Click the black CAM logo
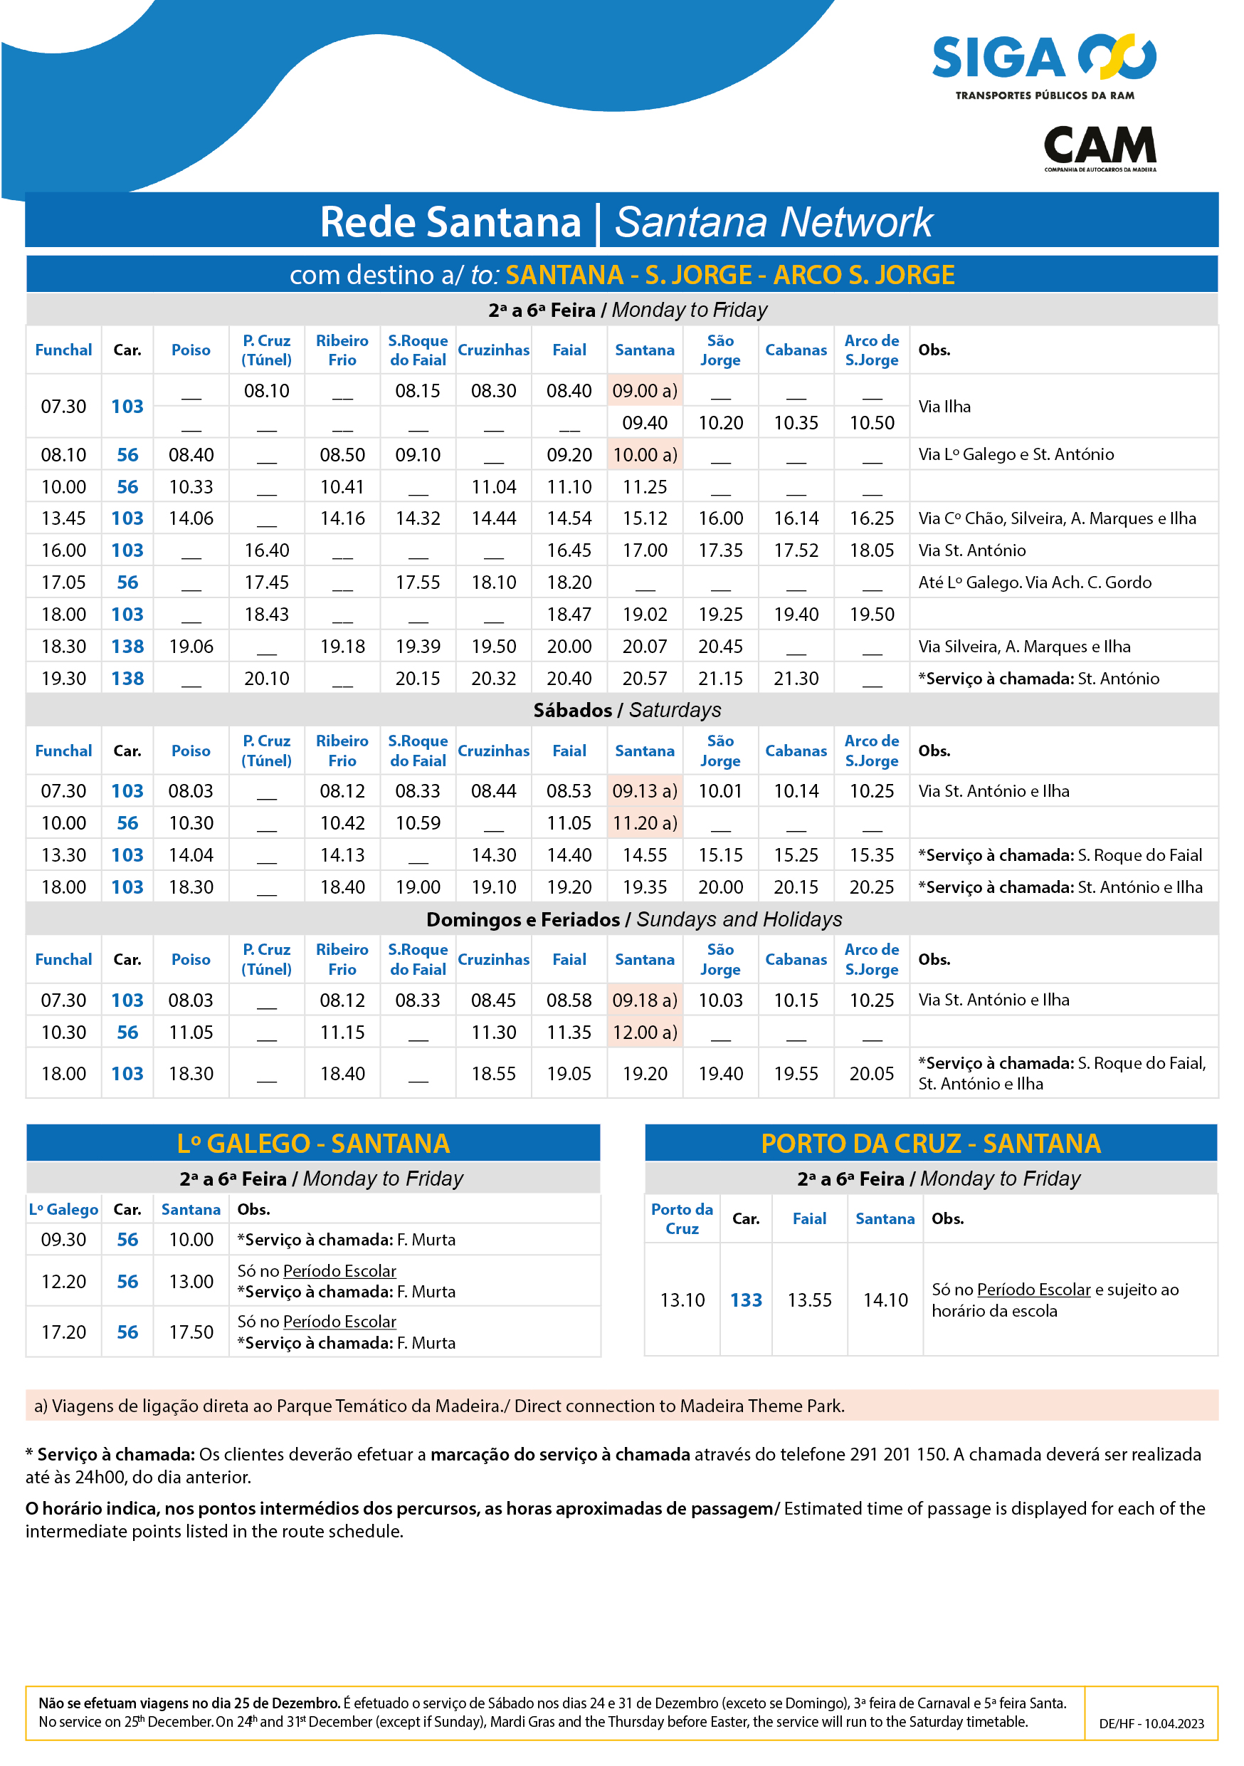click(1099, 147)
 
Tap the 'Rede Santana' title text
click(450, 222)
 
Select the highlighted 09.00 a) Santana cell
click(644, 391)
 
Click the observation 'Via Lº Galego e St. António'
click(1015, 454)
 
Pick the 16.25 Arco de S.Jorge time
click(871, 518)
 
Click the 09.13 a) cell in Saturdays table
click(644, 790)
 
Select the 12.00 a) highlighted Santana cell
click(644, 1033)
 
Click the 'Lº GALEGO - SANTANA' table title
click(313, 1144)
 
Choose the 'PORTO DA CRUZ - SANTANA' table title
click(930, 1144)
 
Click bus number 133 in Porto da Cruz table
click(745, 1300)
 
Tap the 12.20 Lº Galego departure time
click(63, 1282)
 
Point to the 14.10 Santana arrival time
click(885, 1300)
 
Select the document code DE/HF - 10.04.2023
click(1151, 1724)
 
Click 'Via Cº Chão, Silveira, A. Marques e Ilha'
click(1056, 518)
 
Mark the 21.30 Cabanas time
click(796, 679)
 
